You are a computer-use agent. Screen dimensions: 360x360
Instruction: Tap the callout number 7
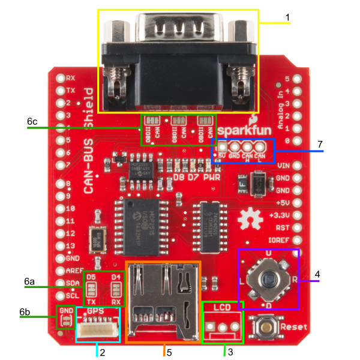pos(320,144)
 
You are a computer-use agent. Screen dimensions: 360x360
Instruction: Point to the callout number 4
pos(317,274)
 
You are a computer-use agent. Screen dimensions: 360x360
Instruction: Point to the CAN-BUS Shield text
pos(88,141)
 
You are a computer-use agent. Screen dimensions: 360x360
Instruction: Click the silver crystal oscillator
pos(96,239)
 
